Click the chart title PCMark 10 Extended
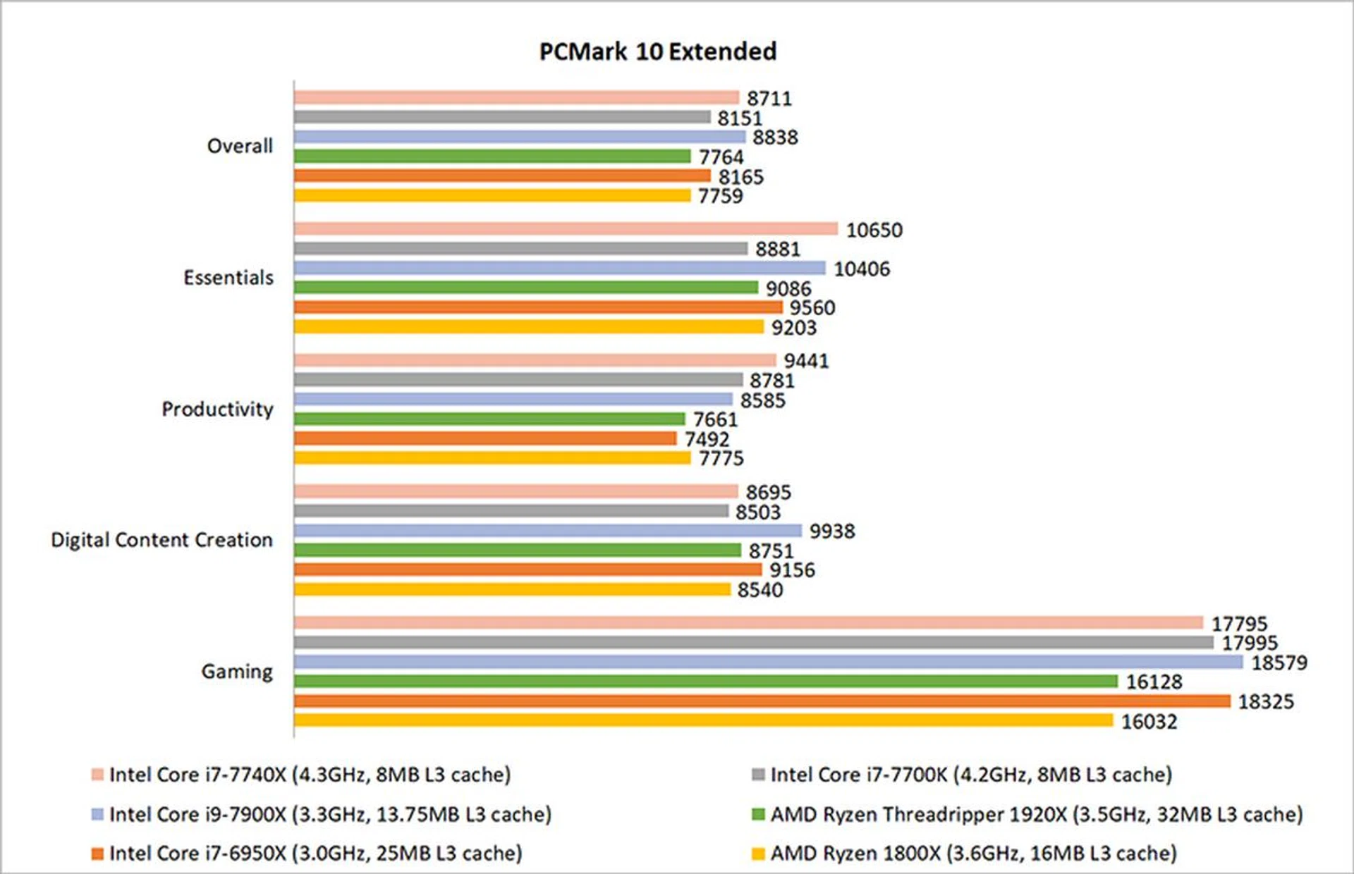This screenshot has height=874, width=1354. [657, 51]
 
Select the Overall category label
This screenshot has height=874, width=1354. [240, 146]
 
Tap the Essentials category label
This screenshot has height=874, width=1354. [228, 278]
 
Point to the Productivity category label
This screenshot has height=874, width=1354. [217, 409]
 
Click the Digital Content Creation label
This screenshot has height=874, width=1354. [161, 540]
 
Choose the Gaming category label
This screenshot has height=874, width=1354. [237, 671]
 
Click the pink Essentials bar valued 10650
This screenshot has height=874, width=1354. [566, 228]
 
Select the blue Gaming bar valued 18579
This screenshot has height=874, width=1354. [768, 662]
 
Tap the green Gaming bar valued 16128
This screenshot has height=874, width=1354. [705, 681]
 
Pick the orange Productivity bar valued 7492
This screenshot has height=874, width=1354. [485, 438]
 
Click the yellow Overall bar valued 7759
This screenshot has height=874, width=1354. [492, 195]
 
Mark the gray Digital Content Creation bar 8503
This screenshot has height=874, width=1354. [511, 511]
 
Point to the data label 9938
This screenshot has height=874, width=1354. [832, 531]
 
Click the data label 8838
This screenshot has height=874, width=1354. [775, 137]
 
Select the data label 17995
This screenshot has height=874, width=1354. [1250, 643]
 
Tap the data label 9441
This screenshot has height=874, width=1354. [806, 361]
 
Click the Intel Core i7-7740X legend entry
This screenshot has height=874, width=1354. [310, 775]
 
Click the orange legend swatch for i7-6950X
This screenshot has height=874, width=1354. [97, 854]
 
